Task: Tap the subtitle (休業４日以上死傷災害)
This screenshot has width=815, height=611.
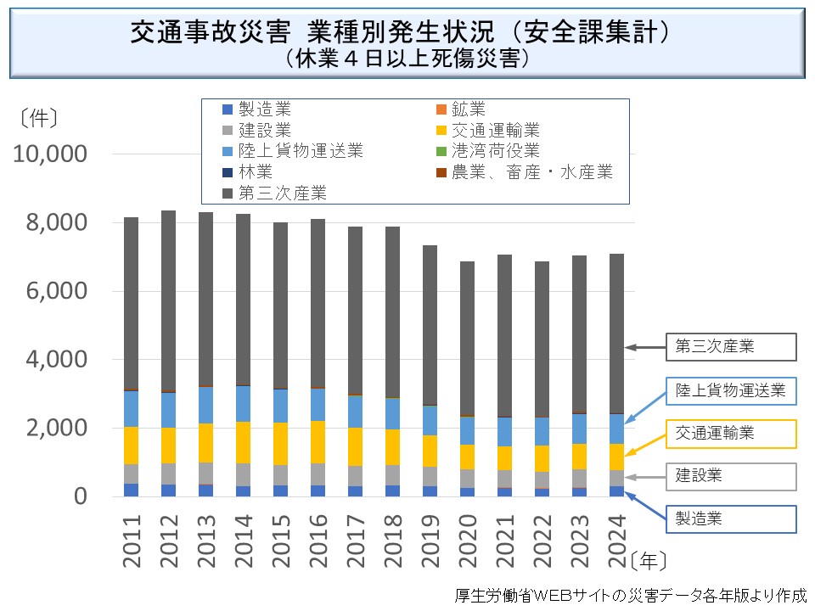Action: [408, 59]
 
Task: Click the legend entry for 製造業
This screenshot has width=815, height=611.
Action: [264, 109]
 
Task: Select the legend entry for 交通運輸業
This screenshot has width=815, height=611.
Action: [496, 131]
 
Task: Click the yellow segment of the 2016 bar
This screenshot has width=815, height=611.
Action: [318, 441]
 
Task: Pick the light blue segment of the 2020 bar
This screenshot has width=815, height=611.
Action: [466, 430]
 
